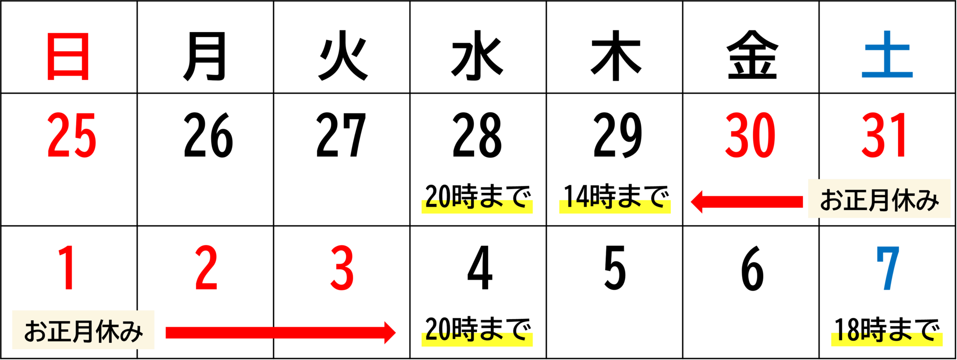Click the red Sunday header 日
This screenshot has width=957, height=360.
click(68, 56)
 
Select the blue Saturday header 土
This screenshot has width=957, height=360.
click(887, 54)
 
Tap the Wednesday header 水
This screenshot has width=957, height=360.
click(478, 55)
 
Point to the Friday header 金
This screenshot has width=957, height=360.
click(752, 55)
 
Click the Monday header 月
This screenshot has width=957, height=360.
click(205, 56)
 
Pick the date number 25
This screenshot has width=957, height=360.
click(72, 135)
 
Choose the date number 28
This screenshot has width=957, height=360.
click(477, 135)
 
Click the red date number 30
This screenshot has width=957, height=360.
click(750, 135)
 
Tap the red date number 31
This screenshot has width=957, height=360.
click(883, 135)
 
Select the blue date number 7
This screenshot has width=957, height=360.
click(888, 268)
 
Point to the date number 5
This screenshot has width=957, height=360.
click(615, 268)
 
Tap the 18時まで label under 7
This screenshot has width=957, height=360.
click(887, 330)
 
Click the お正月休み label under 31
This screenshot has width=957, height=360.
click(879, 199)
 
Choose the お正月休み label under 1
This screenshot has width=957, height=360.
click(83, 330)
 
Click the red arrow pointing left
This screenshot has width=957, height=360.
click(747, 202)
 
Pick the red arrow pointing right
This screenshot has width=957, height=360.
click(281, 333)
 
